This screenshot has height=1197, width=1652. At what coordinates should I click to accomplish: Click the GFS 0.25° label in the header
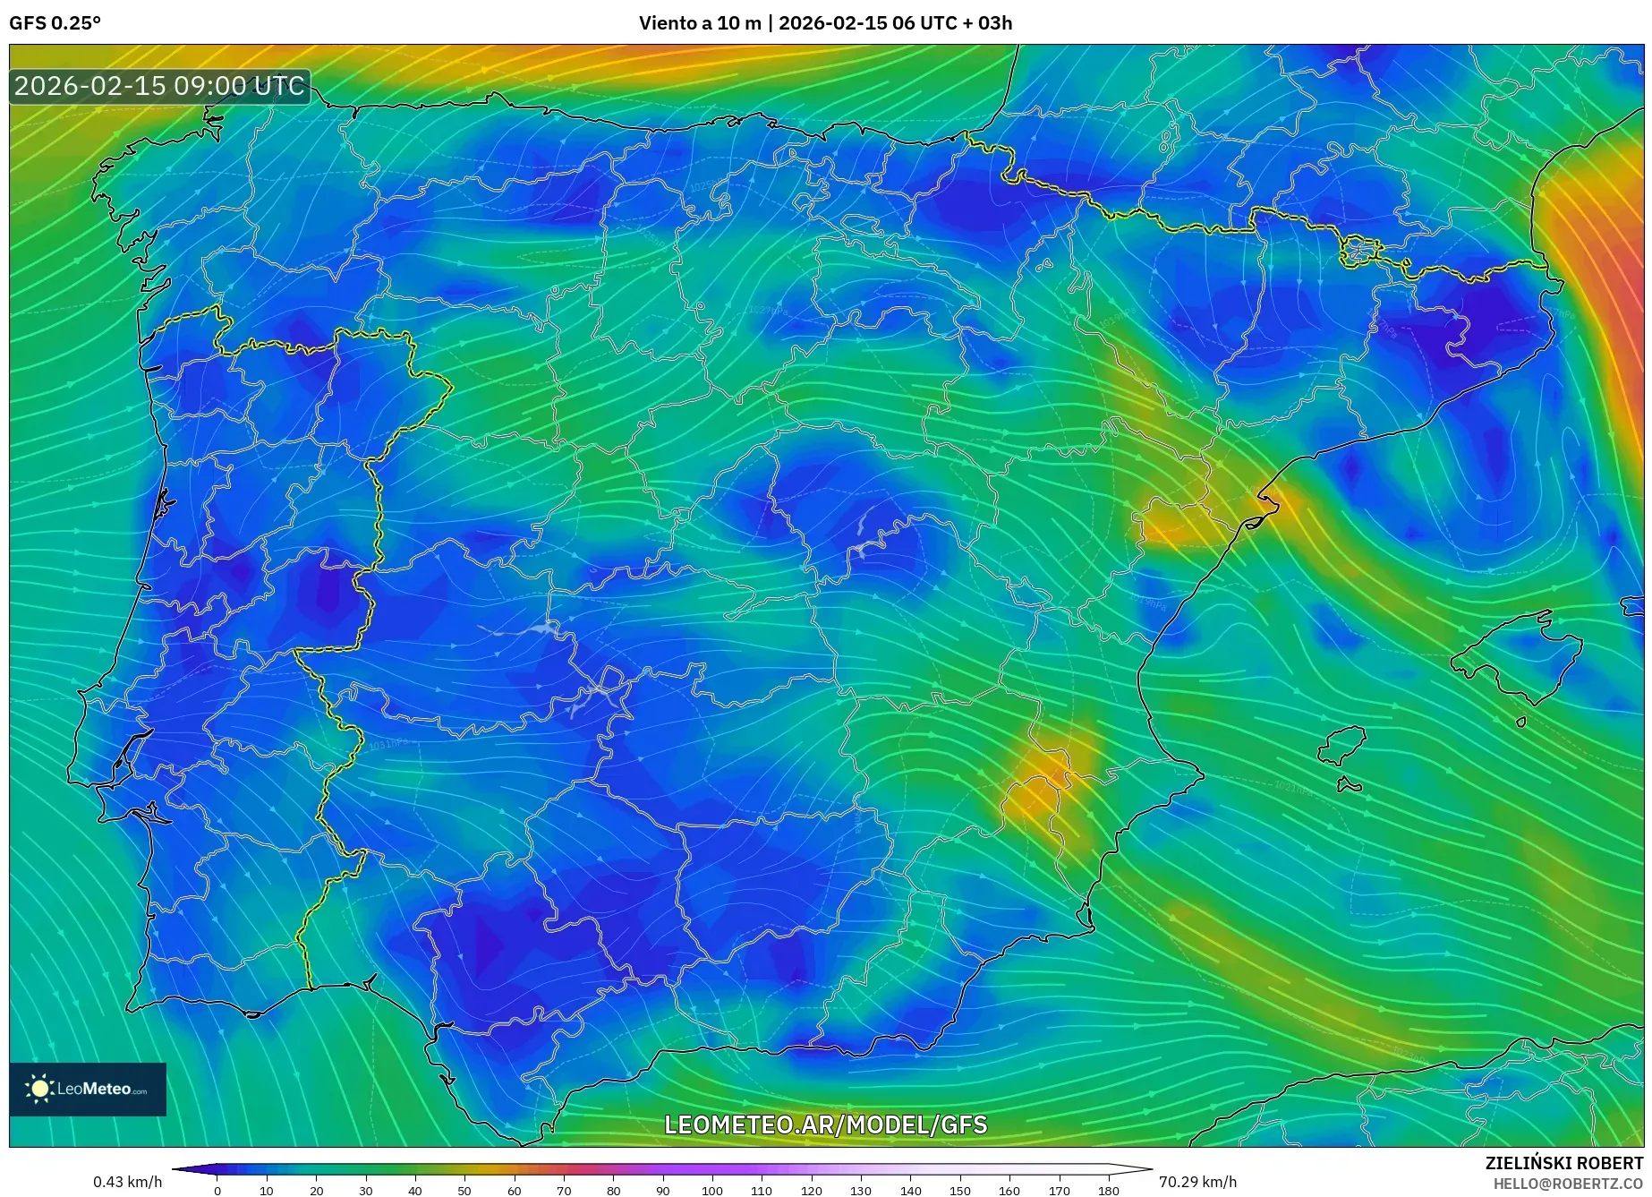coord(55,23)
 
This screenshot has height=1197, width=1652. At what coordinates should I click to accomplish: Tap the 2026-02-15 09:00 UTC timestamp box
coord(159,86)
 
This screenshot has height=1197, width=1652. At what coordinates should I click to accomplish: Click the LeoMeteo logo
coord(88,1089)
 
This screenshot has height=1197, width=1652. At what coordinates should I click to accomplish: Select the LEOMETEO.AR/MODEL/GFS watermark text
coord(825,1124)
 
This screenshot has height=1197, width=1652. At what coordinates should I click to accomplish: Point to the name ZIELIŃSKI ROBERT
coord(1563,1163)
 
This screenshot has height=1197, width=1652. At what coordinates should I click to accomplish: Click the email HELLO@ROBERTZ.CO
coord(1568,1184)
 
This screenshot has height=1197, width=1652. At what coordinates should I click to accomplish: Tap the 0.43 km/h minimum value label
coord(127,1182)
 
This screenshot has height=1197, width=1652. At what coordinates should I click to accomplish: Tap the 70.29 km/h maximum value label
coord(1197,1182)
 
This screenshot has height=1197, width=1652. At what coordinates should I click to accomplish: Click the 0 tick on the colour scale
coord(217,1190)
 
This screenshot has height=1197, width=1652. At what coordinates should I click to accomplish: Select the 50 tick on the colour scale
coord(464,1190)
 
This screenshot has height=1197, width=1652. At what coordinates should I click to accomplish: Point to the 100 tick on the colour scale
coord(711,1190)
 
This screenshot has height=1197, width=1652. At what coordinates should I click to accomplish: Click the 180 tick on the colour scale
coord(1108,1190)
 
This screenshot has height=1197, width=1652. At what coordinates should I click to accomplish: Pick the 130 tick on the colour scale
coord(861,1190)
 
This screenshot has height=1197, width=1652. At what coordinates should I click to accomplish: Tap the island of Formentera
coord(1349,786)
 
